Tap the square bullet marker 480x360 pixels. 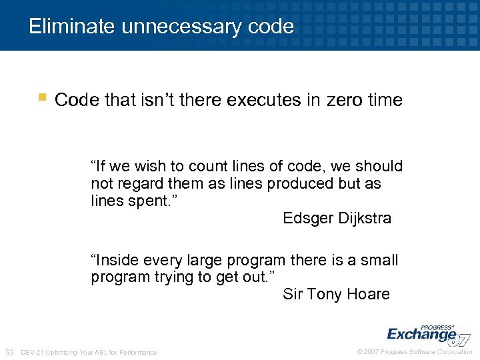point(42,98)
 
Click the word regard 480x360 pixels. point(141,183)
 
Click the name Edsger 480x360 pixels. point(309,218)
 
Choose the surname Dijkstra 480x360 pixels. point(365,218)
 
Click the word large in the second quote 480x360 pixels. point(204,260)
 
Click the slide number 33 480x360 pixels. point(9,352)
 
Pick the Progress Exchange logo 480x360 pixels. point(427,333)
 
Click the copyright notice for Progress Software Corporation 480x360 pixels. point(415,352)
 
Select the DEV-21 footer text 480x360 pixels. point(89,352)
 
